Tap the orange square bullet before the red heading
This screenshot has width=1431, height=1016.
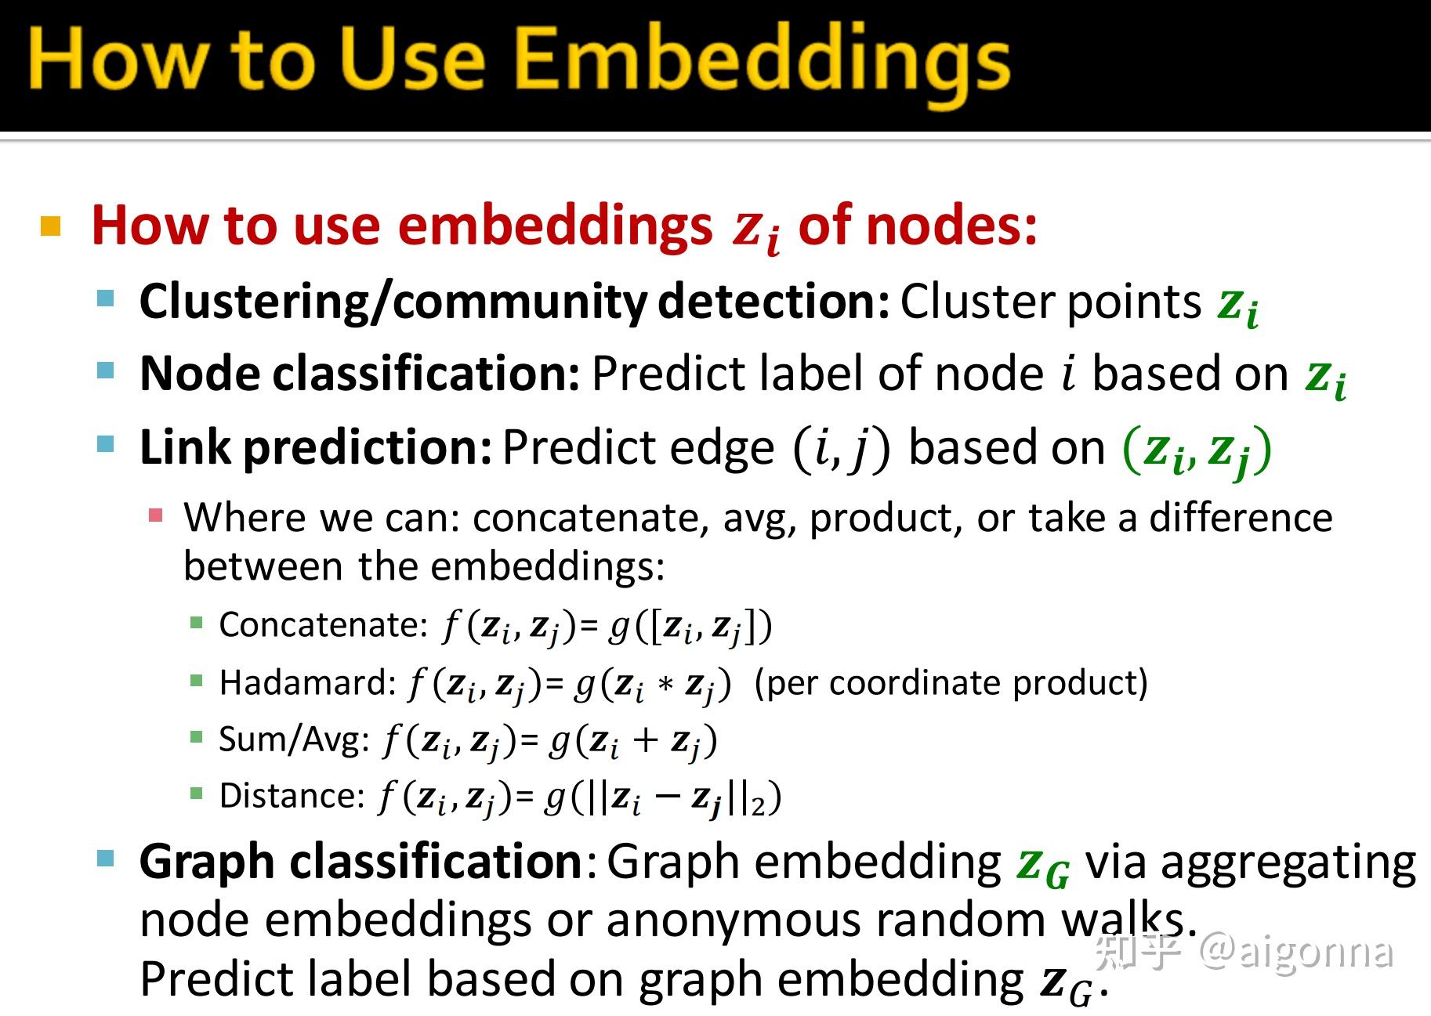(x=51, y=226)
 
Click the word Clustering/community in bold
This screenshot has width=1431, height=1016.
(x=393, y=302)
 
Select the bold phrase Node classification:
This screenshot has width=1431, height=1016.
(x=360, y=374)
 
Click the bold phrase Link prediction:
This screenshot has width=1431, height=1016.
(x=316, y=448)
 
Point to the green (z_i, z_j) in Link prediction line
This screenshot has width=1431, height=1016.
(x=1197, y=450)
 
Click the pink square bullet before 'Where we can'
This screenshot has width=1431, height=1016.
(x=156, y=515)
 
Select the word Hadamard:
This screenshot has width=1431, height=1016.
(x=308, y=683)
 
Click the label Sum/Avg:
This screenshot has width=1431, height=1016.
(x=294, y=739)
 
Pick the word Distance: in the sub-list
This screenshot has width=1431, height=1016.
(x=292, y=796)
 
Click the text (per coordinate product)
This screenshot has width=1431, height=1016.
(x=951, y=683)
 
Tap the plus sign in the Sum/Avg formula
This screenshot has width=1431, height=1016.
(x=644, y=740)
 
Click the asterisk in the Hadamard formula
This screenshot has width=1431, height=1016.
(x=665, y=685)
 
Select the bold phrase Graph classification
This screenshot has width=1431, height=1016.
(x=360, y=862)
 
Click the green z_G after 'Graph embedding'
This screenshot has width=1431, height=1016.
(x=1042, y=865)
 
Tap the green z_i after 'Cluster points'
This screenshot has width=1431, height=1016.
(x=1238, y=304)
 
